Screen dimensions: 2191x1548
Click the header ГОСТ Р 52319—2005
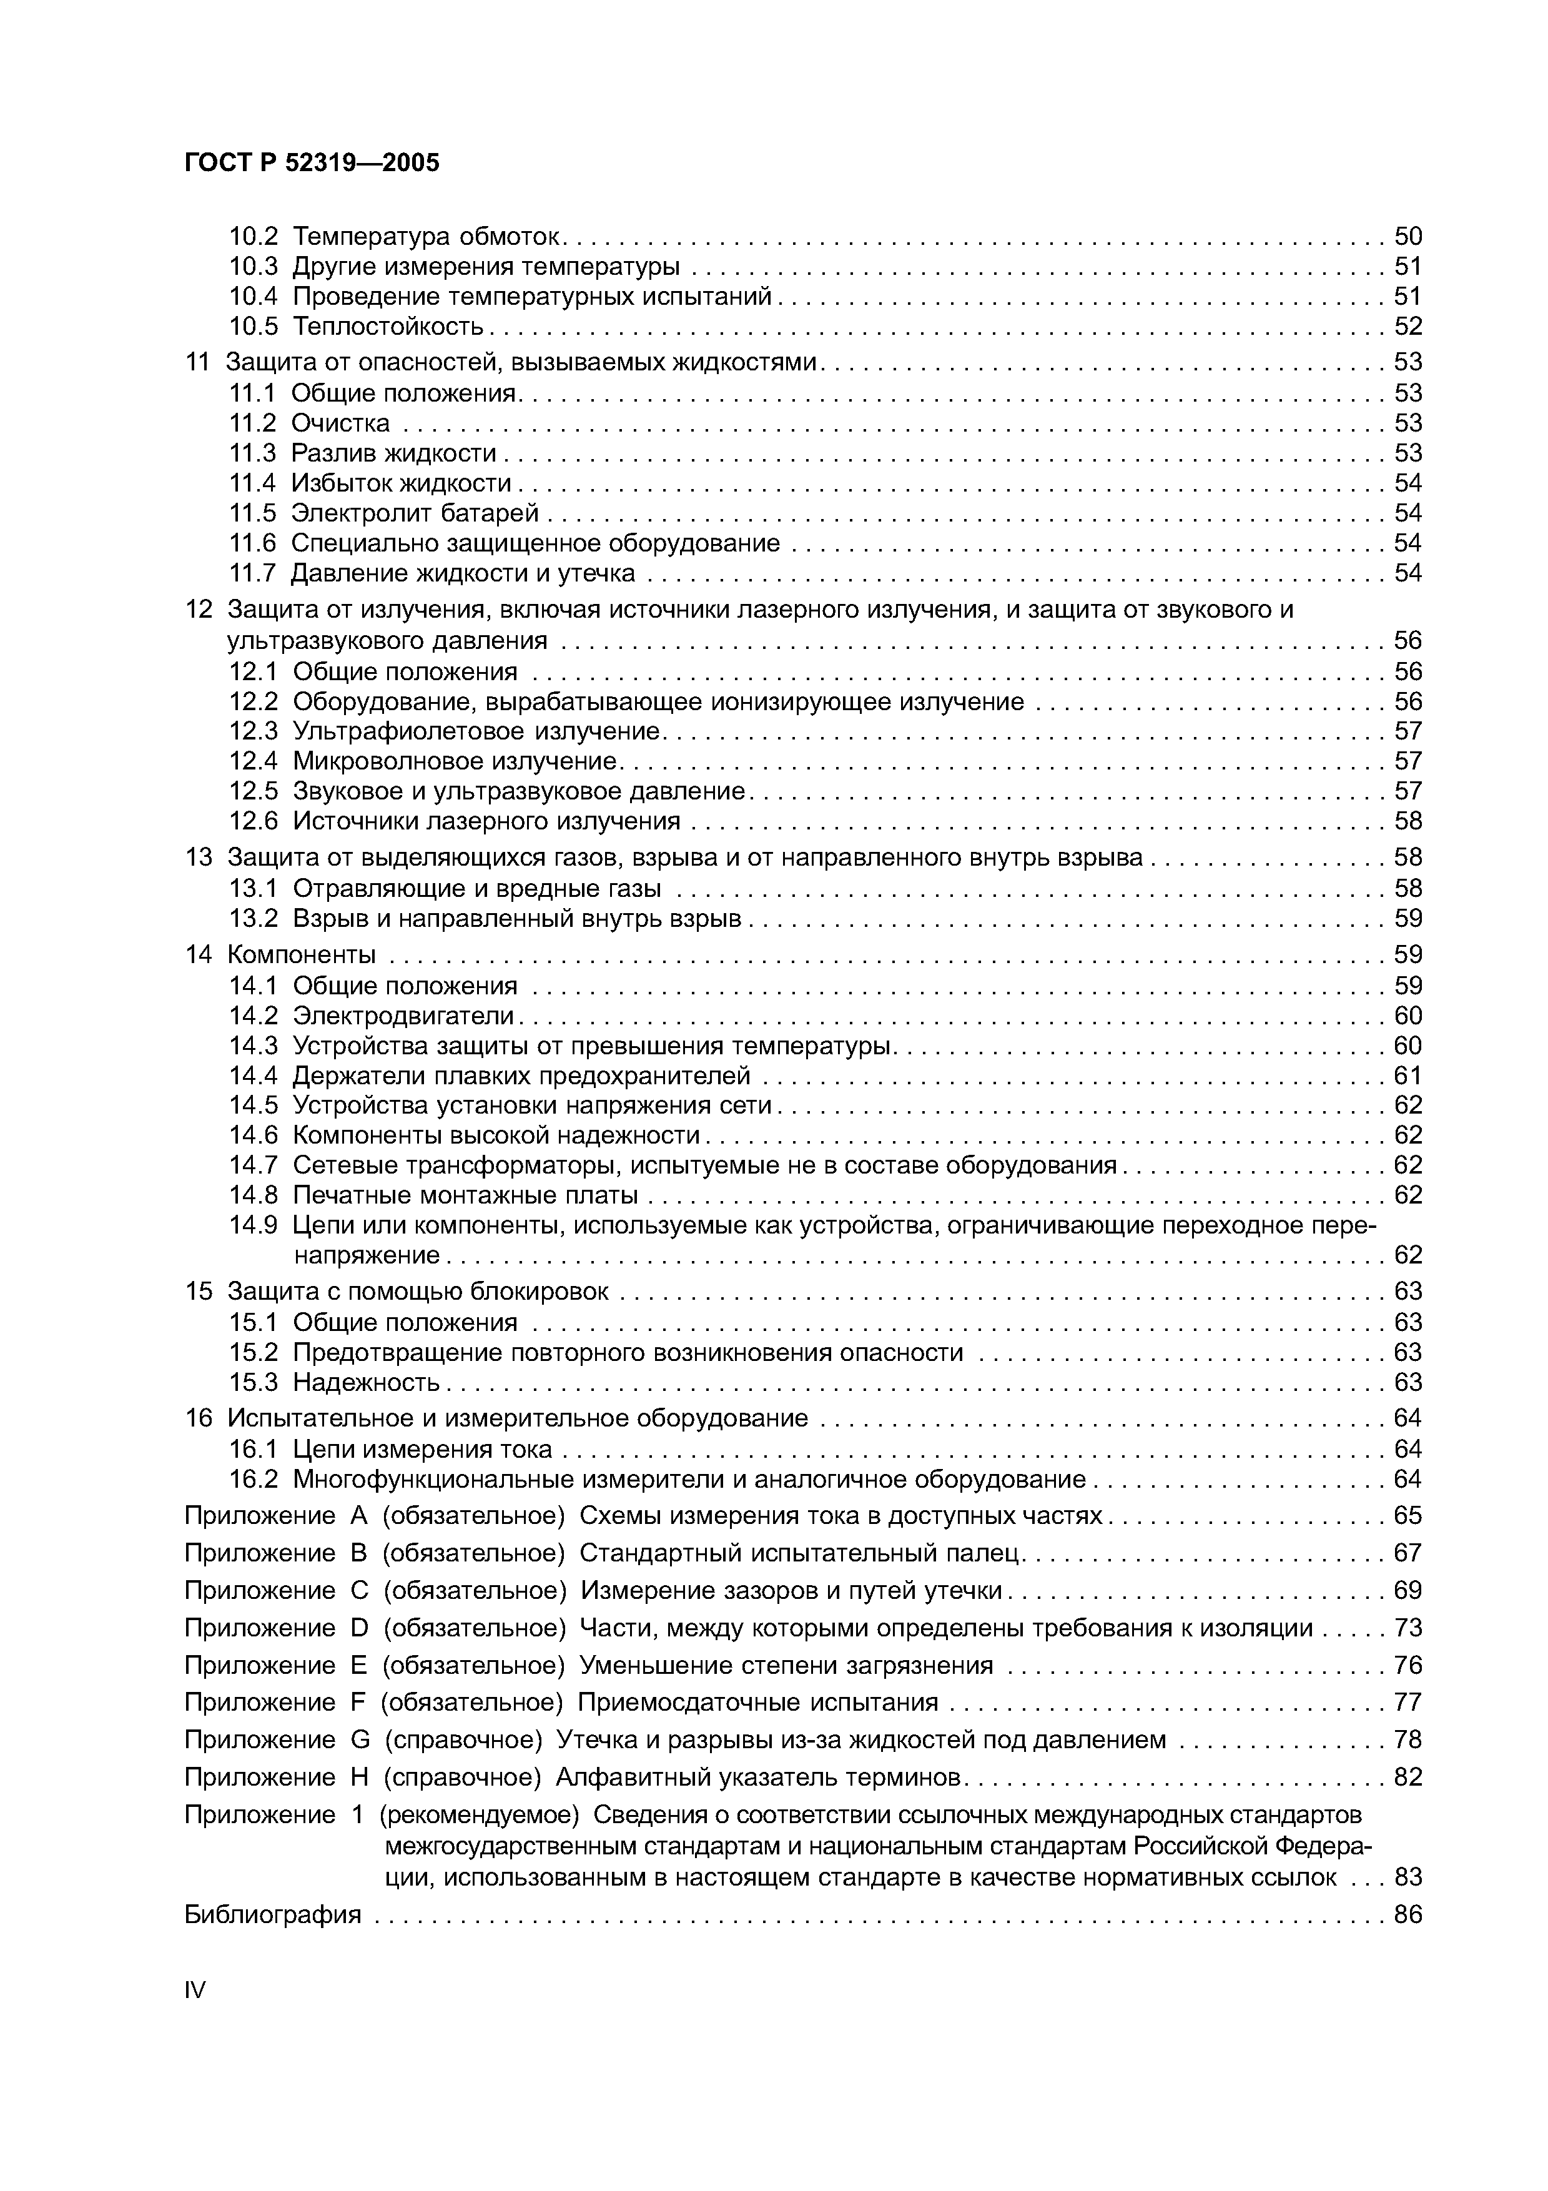312,163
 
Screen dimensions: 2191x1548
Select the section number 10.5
253,327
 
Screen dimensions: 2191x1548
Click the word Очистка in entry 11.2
340,423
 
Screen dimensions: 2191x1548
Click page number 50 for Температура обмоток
1407,235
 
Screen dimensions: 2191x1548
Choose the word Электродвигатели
403,1016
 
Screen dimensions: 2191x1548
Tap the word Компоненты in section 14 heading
302,954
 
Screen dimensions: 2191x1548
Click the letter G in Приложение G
360,1739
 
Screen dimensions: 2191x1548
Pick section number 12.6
253,821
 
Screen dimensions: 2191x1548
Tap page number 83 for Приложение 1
1407,1877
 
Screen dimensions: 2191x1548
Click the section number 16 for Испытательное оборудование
199,1418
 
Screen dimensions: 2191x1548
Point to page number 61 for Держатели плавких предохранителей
1407,1076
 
